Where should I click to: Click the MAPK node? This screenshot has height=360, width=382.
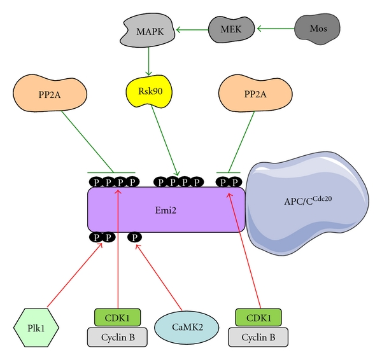pyautogui.click(x=148, y=31)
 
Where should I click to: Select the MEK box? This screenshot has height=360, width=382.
pyautogui.click(x=230, y=28)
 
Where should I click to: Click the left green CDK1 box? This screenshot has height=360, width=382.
pyautogui.click(x=117, y=317)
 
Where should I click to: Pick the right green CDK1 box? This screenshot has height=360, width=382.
pyautogui.click(x=259, y=317)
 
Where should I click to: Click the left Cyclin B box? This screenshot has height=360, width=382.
pyautogui.click(x=117, y=336)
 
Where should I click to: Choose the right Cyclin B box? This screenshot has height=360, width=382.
pyautogui.click(x=259, y=336)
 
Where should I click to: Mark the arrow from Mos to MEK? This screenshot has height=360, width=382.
pyautogui.click(x=274, y=28)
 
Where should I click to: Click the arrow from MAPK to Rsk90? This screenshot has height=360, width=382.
pyautogui.click(x=148, y=62)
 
